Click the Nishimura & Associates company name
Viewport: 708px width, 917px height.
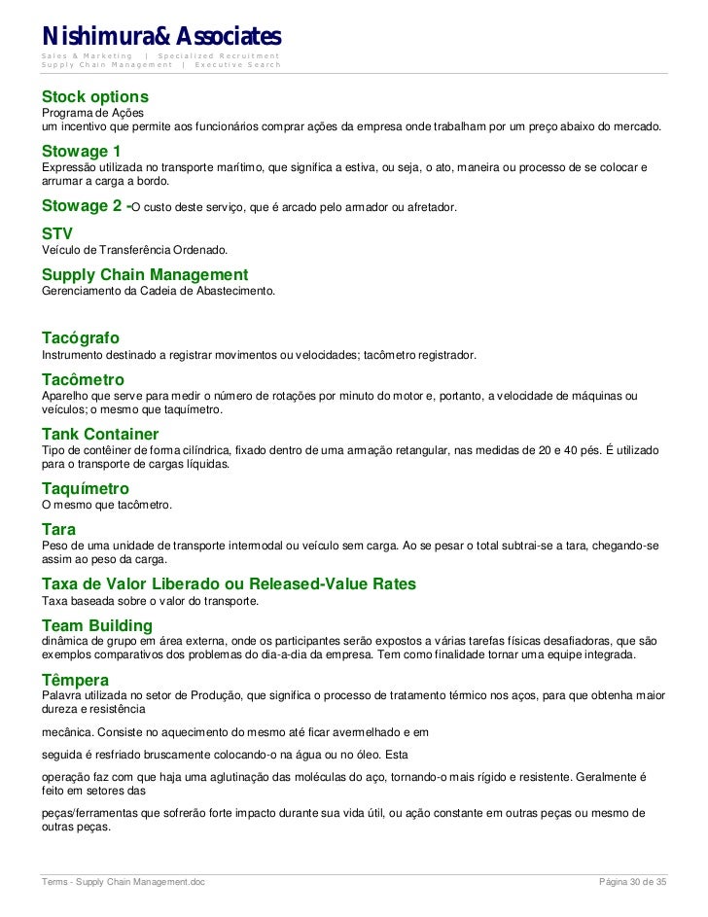tap(160, 36)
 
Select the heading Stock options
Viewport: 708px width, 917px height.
tap(94, 97)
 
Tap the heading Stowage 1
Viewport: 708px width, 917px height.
tap(81, 152)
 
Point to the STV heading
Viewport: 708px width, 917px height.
tap(56, 234)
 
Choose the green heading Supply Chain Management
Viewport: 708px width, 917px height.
tap(144, 275)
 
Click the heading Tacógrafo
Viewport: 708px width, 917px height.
tap(81, 338)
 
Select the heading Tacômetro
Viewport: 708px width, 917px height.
tap(83, 379)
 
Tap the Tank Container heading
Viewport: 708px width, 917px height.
tap(99, 434)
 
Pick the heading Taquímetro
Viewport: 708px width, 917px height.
tap(85, 488)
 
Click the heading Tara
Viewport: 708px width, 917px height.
tap(58, 529)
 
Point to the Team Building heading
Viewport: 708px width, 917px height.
tap(96, 625)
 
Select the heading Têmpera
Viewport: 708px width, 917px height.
tap(75, 680)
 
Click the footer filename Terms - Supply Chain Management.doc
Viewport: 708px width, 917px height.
tap(123, 882)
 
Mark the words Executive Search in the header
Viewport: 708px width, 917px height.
tap(237, 65)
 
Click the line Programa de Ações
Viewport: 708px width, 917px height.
tap(91, 114)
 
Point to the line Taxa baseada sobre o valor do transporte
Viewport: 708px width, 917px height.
tap(150, 600)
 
